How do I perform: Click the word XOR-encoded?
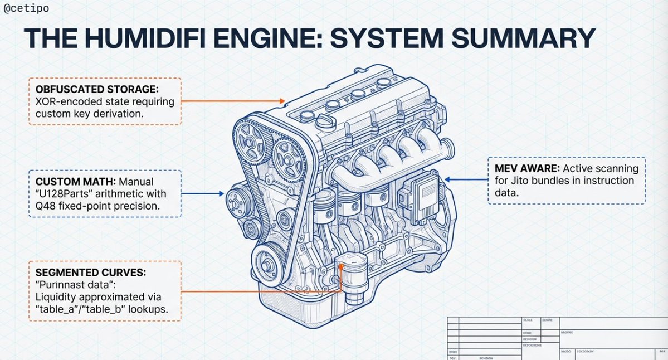click(64, 102)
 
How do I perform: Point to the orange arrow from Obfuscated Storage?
click(234, 101)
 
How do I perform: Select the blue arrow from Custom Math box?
click(203, 194)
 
